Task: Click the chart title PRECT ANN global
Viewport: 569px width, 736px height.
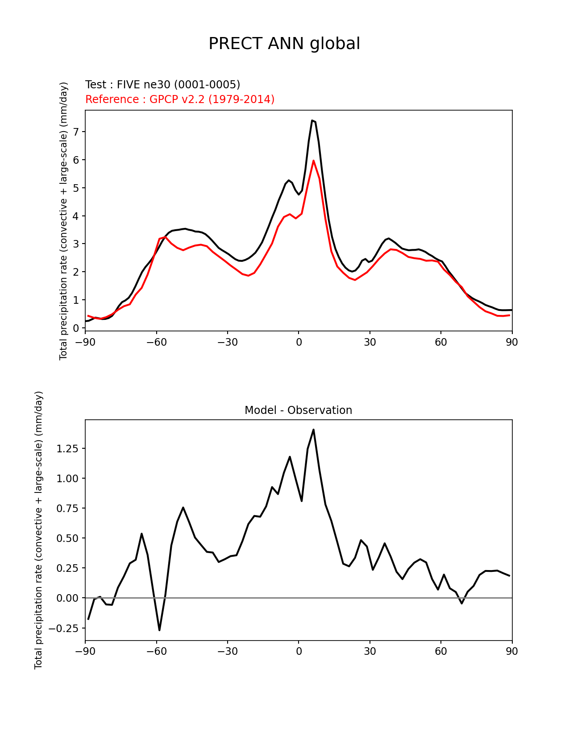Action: pos(284,44)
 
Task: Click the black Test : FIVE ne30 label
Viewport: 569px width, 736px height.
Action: pos(162,85)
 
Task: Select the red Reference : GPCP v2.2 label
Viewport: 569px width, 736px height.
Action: pos(179,99)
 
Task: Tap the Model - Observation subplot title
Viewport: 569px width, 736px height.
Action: pos(298,410)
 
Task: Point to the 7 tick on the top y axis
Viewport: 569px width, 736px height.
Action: pos(76,132)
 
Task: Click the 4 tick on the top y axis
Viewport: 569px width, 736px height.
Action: pos(76,216)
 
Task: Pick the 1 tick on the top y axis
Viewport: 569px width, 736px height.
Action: pos(76,300)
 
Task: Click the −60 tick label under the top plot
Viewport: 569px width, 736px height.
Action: pos(156,342)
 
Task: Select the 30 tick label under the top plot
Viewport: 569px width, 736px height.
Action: pos(370,342)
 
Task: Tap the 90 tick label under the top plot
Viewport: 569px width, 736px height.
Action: pos(512,342)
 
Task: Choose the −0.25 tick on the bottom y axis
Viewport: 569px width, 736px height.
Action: pos(65,628)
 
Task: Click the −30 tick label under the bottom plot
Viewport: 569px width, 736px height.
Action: pos(227,651)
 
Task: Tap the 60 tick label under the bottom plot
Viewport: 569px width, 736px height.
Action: pos(440,651)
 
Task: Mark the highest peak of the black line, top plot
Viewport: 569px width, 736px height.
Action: pos(312,120)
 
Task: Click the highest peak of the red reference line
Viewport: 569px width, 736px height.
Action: pos(313,161)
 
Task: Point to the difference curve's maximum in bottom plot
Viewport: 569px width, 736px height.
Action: pos(313,430)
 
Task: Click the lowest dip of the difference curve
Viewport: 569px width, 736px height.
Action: pos(159,630)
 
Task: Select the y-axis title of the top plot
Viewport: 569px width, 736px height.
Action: pos(63,221)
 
